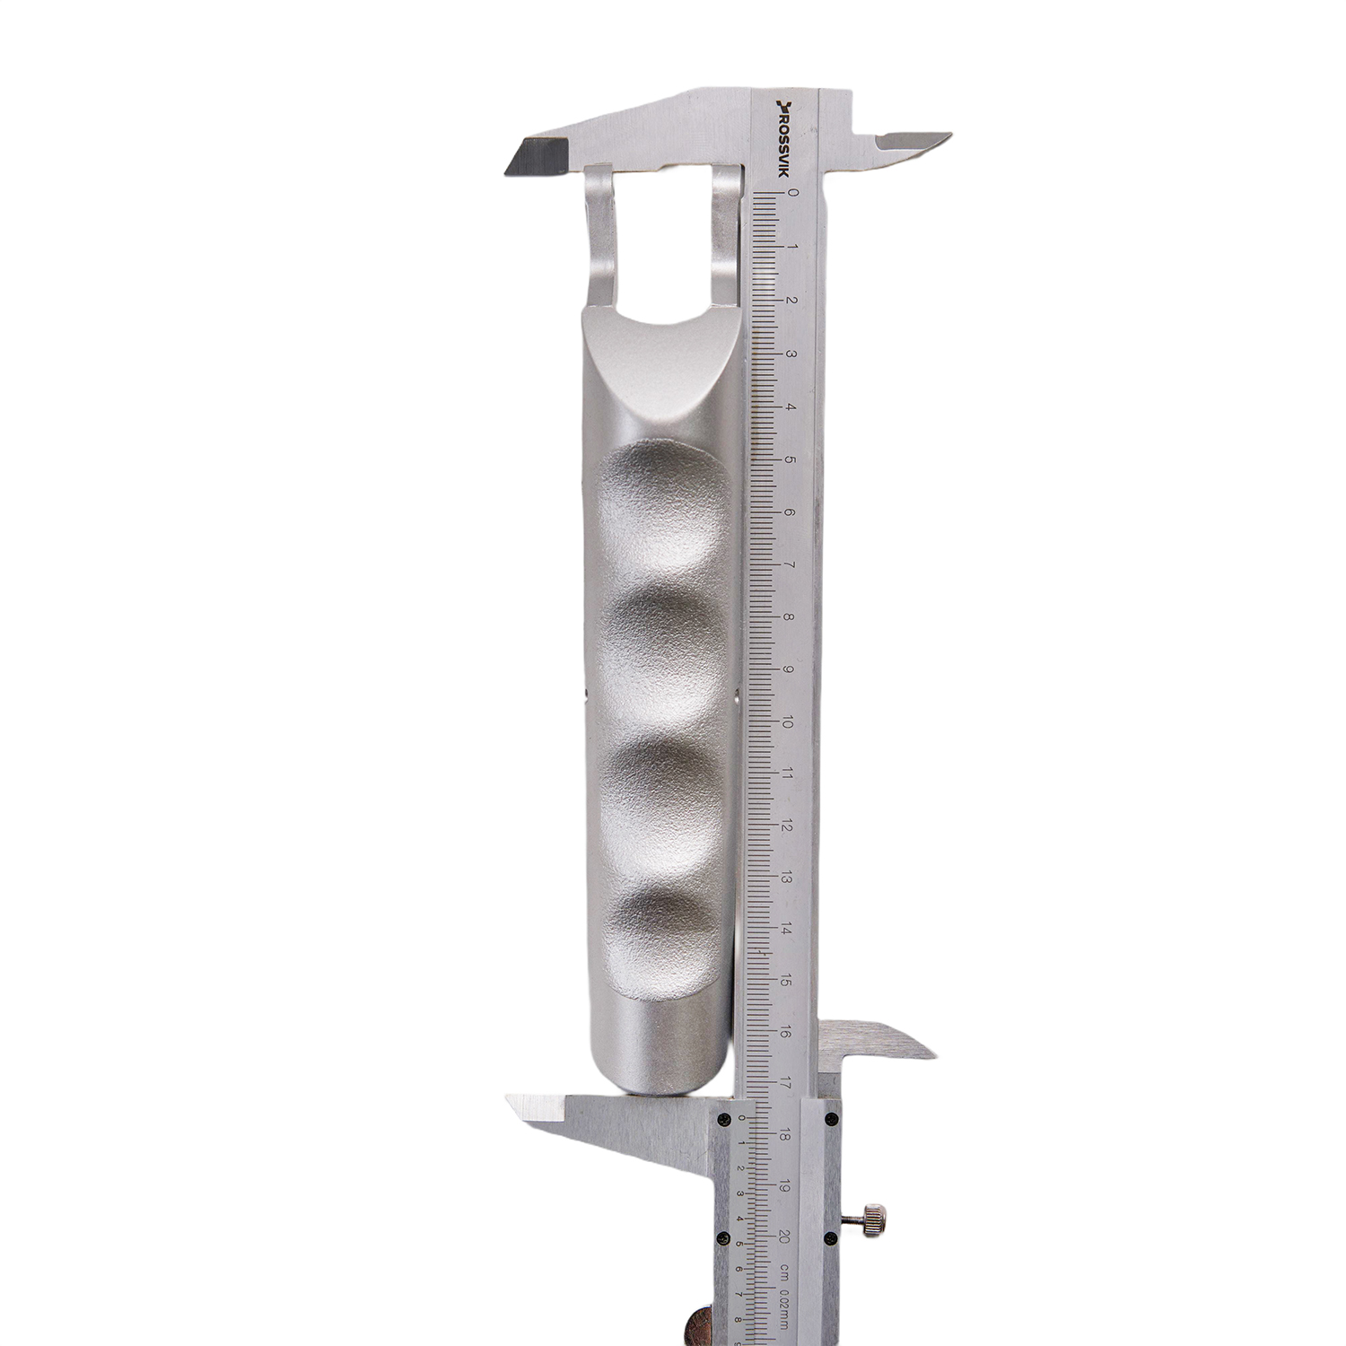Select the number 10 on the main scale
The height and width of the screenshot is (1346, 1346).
pos(789,723)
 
